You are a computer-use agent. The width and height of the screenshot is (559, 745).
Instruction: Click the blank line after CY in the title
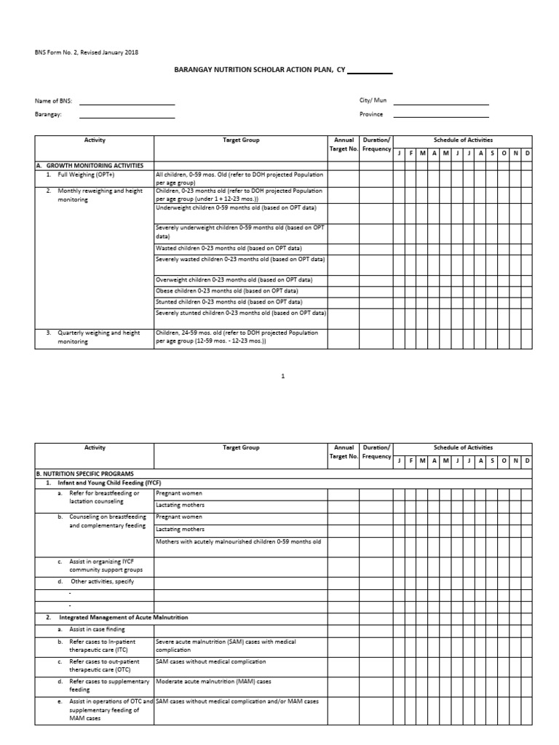coord(370,71)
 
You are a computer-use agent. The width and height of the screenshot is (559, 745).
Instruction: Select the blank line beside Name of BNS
coord(127,103)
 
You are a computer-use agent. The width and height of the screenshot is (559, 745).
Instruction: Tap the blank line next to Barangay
coord(127,115)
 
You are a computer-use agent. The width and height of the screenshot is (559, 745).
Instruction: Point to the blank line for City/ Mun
coord(440,103)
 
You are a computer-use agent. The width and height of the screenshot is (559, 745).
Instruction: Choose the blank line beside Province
coord(440,115)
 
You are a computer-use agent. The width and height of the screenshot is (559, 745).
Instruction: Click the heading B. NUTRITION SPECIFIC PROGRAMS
coord(86,473)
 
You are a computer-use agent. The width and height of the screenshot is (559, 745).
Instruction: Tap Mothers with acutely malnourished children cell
coord(238,541)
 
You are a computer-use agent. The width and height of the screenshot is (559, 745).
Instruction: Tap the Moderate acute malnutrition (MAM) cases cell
coord(213,682)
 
